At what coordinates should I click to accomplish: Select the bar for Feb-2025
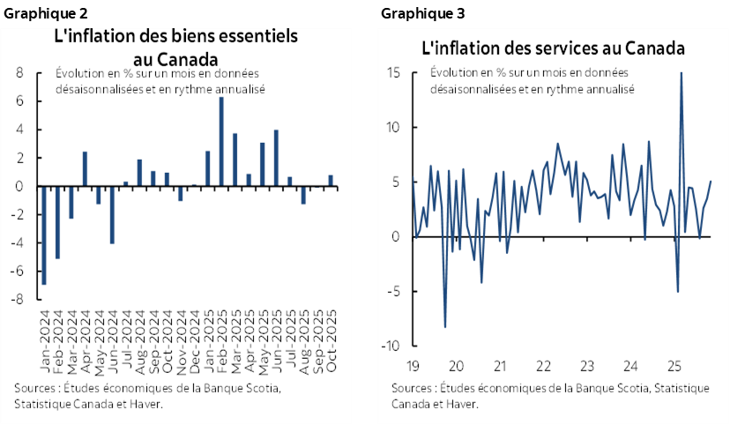coord(221,142)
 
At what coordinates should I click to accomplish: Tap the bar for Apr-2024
coord(85,169)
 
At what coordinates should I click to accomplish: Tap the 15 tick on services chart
coord(394,72)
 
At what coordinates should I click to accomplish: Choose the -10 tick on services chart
coord(392,346)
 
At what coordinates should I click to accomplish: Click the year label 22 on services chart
coord(545,365)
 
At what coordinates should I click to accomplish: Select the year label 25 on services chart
coord(674,365)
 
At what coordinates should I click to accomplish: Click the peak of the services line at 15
coord(681,74)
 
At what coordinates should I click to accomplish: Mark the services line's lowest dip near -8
coord(445,326)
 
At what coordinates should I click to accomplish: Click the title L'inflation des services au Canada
coord(553,48)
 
